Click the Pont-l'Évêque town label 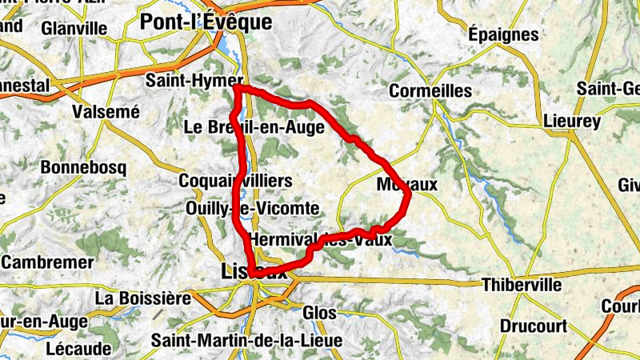click(206, 22)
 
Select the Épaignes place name click(503, 34)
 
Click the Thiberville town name click(522, 285)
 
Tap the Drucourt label click(534, 326)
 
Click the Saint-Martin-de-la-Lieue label click(246, 341)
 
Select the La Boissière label click(143, 298)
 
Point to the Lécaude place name click(78, 349)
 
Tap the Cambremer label click(45, 262)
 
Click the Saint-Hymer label click(194, 81)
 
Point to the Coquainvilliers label click(236, 181)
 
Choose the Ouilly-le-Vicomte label click(252, 209)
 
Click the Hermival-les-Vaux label click(321, 239)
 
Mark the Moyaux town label click(407, 185)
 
